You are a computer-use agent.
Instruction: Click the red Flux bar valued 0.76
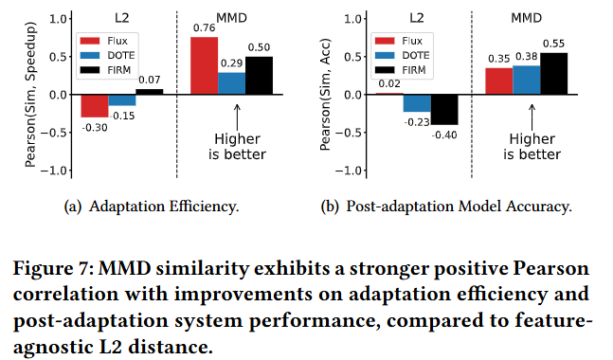204,65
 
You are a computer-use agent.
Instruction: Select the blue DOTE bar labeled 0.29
232,83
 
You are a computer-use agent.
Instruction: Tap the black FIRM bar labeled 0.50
260,76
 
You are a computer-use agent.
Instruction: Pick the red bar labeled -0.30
95,106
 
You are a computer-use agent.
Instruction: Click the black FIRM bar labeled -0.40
444,110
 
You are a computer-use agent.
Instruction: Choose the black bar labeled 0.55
554,74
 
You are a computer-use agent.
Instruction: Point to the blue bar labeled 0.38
527,81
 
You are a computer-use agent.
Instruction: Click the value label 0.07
150,81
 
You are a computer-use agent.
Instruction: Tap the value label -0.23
417,122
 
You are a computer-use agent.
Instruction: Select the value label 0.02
389,83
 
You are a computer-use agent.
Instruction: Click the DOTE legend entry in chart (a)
107,56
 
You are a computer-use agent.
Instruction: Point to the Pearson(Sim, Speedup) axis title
30,95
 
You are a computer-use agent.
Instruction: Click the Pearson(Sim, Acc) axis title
325,95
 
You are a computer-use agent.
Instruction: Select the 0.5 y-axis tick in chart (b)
354,57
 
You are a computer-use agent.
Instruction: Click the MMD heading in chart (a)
232,18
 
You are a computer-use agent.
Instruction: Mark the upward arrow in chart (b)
532,117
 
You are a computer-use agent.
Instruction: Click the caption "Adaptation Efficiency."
164,207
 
